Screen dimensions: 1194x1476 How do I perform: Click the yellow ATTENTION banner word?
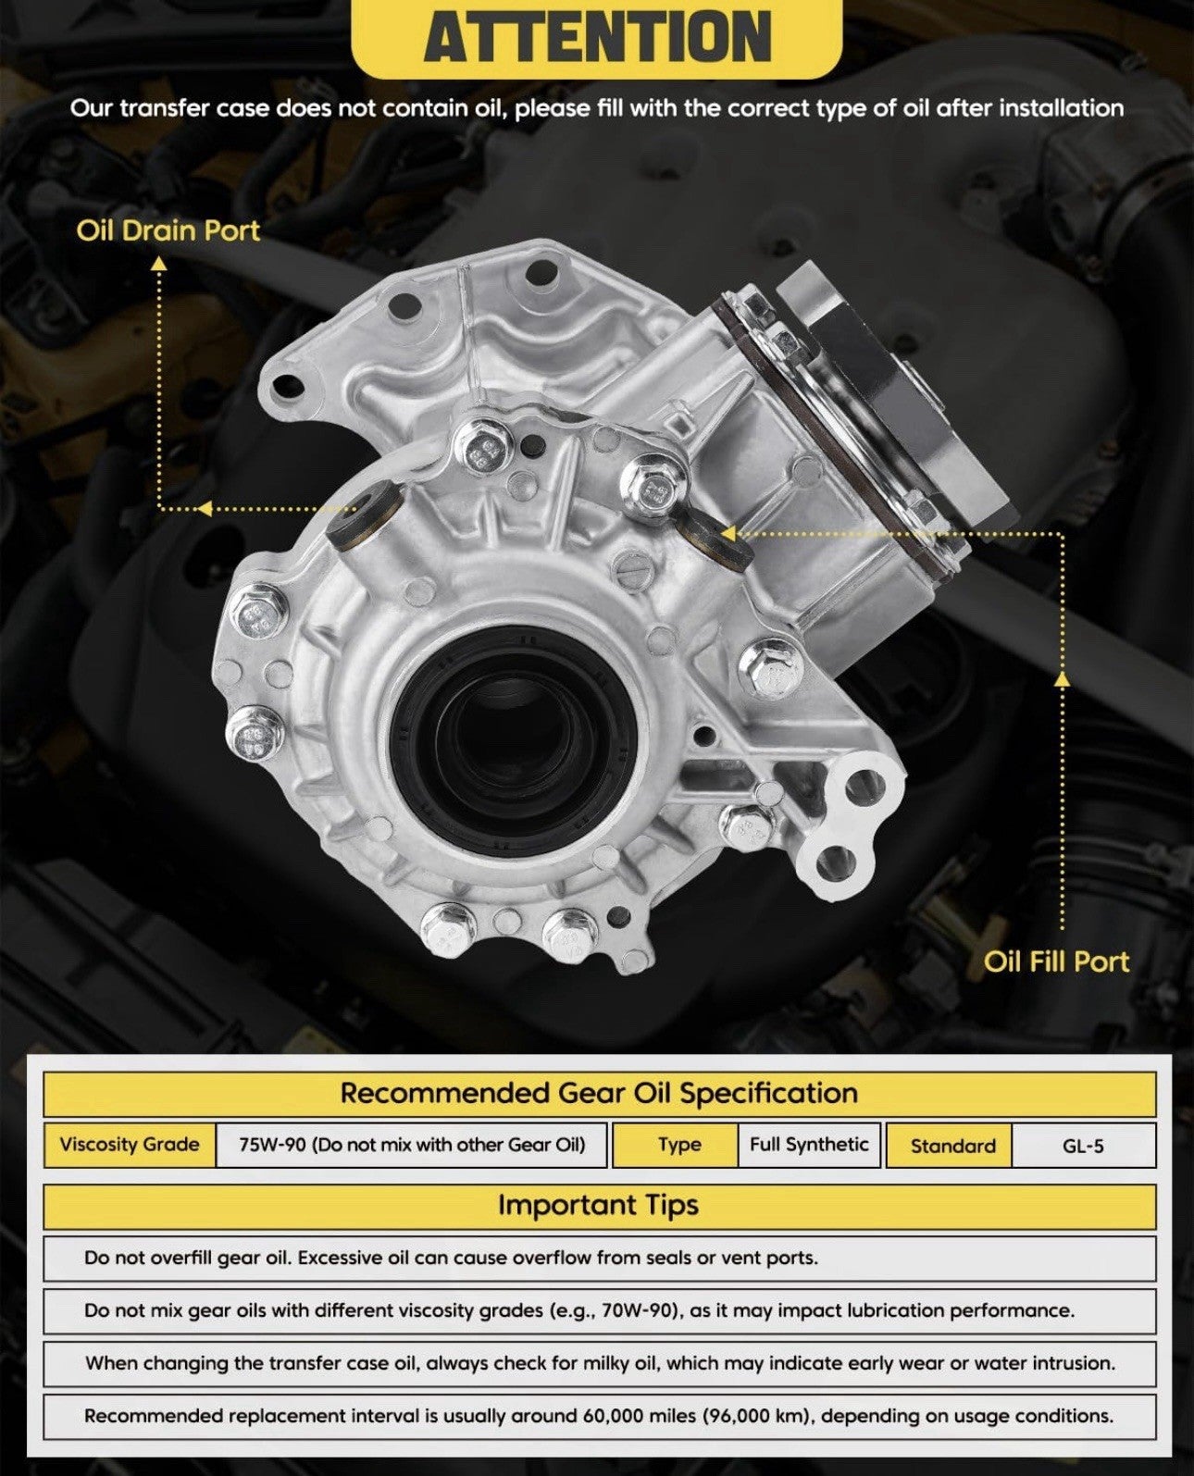coord(597,36)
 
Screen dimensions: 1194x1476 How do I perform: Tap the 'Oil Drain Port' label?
coord(168,230)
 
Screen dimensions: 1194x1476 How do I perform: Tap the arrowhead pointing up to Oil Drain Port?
coord(159,264)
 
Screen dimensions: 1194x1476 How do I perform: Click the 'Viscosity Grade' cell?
coord(130,1144)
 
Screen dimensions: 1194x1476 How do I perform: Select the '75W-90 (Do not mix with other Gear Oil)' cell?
coord(412,1144)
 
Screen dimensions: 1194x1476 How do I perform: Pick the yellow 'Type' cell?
coord(676,1144)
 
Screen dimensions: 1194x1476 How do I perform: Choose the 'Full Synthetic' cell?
coord(809,1144)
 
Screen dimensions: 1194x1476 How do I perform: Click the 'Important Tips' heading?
coord(598,1205)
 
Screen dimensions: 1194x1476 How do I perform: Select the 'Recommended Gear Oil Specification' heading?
coord(599,1093)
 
